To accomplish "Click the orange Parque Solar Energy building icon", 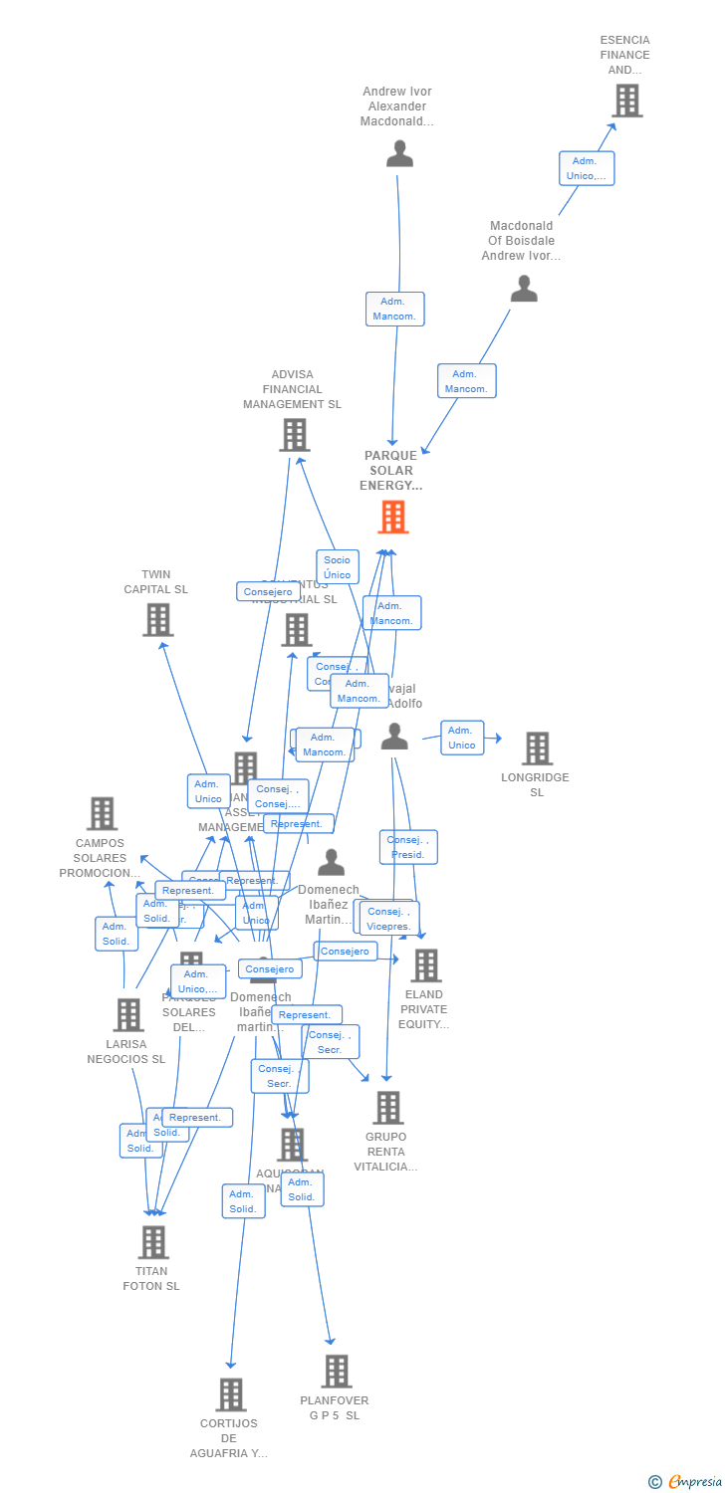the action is (393, 518).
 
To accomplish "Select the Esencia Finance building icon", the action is (626, 101).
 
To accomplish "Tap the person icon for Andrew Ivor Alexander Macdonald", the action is (399, 153).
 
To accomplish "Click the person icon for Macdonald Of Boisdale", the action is (524, 289).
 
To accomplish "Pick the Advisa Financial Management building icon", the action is (294, 435).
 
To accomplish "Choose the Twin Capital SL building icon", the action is (157, 620).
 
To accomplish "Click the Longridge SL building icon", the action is (537, 748).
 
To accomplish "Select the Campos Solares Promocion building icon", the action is (102, 813).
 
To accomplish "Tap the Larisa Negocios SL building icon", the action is (128, 1014).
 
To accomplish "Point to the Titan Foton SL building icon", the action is (153, 1242).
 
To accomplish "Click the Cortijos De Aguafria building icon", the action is (230, 1394).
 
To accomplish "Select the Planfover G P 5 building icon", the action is (337, 1372).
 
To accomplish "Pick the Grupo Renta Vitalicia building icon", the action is (387, 1107).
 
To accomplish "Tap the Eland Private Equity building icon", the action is (426, 964).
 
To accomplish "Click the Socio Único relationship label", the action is (338, 566).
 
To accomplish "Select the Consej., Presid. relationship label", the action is (407, 847).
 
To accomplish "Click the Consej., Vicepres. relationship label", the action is (388, 918).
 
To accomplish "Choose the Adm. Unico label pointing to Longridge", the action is (462, 738).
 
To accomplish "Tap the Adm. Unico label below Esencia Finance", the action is (587, 168).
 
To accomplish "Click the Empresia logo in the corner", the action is (686, 1482).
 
